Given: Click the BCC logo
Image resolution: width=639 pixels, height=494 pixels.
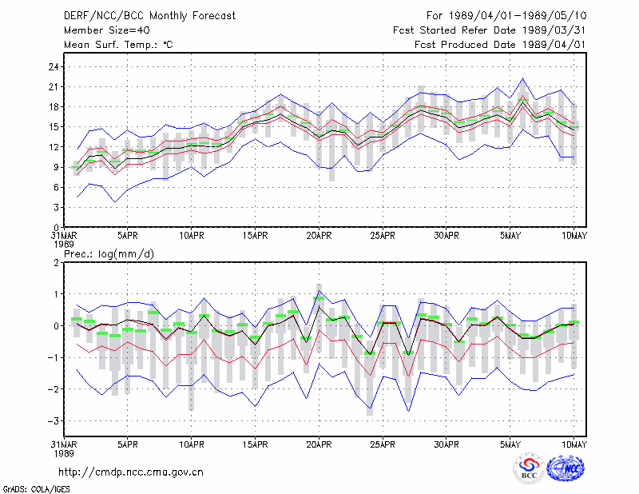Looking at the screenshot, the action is pyautogui.click(x=529, y=468).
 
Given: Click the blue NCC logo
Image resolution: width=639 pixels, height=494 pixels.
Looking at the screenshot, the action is pyautogui.click(x=566, y=468).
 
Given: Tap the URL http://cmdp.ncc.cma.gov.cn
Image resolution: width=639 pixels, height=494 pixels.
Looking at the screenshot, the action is pyautogui.click(x=131, y=472).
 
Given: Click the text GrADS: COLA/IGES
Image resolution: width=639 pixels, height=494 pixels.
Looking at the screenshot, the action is pyautogui.click(x=36, y=488).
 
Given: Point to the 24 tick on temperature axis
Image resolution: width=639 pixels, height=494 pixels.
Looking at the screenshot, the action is pyautogui.click(x=54, y=66).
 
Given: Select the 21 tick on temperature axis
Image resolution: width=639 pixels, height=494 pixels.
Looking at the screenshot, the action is pyautogui.click(x=54, y=87).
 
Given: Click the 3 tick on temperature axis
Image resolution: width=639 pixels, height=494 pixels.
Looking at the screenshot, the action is pyautogui.click(x=57, y=208).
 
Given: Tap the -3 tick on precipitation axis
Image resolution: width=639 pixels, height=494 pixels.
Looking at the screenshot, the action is pyautogui.click(x=53, y=421).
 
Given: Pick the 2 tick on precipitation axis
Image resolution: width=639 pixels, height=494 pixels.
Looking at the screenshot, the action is pyautogui.click(x=56, y=263).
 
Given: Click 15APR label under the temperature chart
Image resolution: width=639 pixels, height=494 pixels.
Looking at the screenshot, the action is pyautogui.click(x=255, y=236).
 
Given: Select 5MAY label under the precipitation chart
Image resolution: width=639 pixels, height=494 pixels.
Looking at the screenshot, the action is pyautogui.click(x=510, y=444).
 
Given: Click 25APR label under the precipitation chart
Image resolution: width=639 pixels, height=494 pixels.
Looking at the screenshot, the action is pyautogui.click(x=383, y=444).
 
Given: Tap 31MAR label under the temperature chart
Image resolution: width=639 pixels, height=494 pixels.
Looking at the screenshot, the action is pyautogui.click(x=64, y=236).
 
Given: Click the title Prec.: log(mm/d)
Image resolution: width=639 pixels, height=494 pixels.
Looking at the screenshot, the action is pyautogui.click(x=109, y=254).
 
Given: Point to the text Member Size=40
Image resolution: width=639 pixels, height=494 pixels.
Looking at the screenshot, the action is pyautogui.click(x=107, y=30).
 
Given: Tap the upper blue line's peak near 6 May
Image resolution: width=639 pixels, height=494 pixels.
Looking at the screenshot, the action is pyautogui.click(x=523, y=78).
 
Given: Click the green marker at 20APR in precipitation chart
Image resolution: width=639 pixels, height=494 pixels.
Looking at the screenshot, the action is pyautogui.click(x=319, y=298).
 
